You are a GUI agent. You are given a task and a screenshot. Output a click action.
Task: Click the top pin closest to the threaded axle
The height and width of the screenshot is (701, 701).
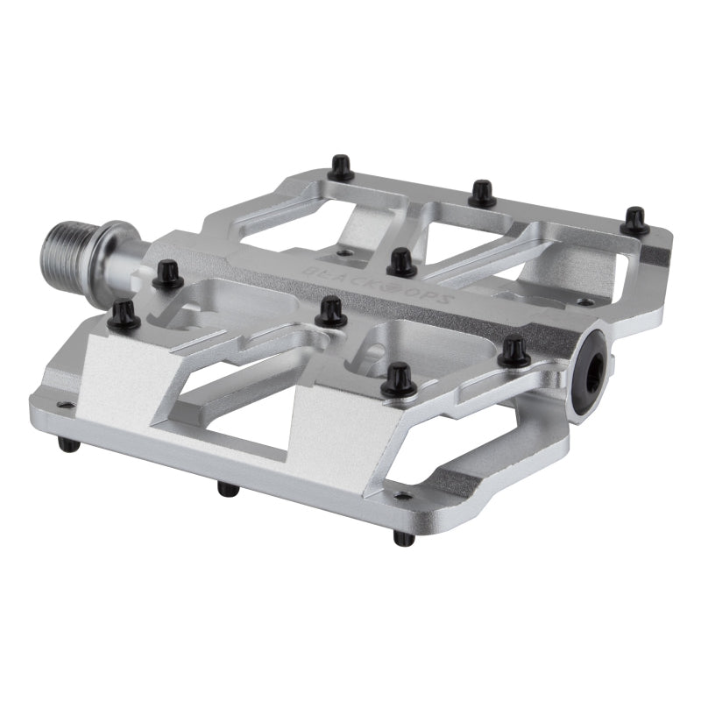166,275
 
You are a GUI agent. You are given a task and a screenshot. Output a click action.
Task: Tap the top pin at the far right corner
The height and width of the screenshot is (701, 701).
634,221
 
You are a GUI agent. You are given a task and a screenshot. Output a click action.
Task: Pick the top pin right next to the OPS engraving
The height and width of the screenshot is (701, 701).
401,262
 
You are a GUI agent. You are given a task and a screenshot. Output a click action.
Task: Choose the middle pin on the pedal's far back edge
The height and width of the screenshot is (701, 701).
482,193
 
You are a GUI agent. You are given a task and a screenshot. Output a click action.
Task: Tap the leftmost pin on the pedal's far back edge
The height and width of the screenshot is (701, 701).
342,167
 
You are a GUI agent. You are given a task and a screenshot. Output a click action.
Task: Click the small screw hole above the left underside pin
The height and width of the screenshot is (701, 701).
61,405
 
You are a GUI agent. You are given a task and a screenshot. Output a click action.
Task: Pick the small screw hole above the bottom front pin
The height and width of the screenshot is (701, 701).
403,496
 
